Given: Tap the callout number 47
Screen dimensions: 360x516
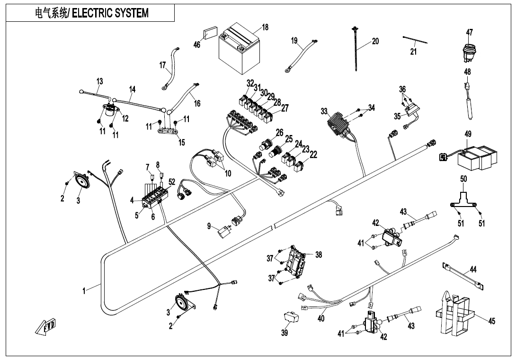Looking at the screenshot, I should [469, 33].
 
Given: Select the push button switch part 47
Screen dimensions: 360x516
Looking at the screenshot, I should [468, 51].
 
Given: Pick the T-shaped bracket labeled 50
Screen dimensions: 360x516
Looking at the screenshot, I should [463, 201].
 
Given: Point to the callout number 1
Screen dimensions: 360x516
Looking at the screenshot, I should [84, 291].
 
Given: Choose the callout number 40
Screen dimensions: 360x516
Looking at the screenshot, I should [321, 318].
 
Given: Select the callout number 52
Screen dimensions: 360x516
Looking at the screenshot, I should [172, 182].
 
